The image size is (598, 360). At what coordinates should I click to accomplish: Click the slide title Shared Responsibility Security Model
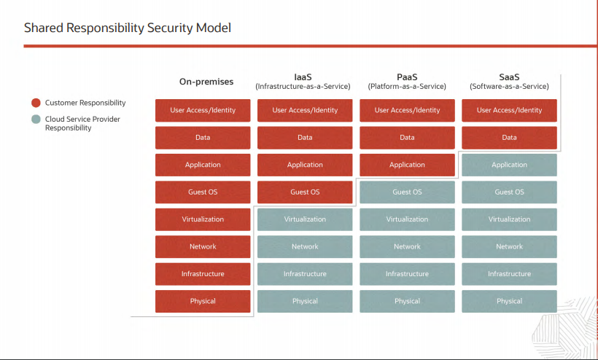128,28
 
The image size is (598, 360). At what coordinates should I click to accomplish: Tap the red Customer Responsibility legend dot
36,103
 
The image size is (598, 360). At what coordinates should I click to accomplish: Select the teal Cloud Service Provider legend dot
36,119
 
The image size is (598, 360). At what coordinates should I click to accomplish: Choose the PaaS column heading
407,76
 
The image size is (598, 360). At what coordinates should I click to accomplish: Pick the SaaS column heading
509,76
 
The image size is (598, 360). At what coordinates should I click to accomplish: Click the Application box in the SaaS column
509,165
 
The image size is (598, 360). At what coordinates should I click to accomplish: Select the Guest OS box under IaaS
305,192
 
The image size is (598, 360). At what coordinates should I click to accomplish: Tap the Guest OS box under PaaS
407,192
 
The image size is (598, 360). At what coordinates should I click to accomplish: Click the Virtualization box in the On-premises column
203,219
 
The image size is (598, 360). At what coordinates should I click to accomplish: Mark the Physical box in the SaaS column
509,301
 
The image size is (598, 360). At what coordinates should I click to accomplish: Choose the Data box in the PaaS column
407,138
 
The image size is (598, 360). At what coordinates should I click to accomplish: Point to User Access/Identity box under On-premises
203,110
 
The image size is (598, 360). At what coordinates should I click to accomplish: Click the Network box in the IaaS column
305,247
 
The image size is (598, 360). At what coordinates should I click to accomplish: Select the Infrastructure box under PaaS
407,274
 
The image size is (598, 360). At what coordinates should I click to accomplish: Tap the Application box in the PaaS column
407,165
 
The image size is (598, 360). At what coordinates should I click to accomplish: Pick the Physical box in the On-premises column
203,301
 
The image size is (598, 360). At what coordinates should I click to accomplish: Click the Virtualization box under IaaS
305,219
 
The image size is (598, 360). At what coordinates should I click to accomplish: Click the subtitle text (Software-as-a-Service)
509,86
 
